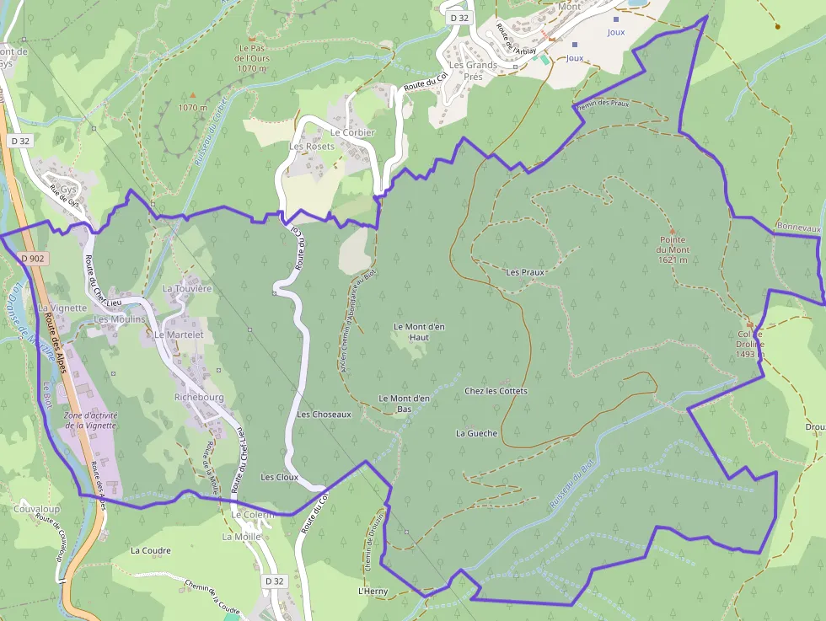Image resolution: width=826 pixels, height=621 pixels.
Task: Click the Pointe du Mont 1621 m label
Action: pyautogui.click(x=673, y=249)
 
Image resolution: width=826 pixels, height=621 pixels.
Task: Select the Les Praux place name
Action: pyautogui.click(x=525, y=272)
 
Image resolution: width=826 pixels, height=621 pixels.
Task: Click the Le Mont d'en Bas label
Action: pyautogui.click(x=405, y=404)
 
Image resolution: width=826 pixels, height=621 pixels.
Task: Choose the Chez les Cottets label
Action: pyautogui.click(x=496, y=391)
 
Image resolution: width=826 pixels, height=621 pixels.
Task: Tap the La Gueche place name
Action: pyautogui.click(x=476, y=433)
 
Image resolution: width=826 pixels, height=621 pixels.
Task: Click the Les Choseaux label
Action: pyautogui.click(x=324, y=415)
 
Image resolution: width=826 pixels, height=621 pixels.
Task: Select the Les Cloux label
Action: pyautogui.click(x=279, y=477)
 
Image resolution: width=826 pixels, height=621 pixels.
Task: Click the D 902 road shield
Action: pyautogui.click(x=31, y=259)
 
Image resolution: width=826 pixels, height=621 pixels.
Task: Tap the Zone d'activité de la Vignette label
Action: pyautogui.click(x=90, y=420)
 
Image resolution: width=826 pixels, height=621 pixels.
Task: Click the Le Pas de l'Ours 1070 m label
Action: pyautogui.click(x=252, y=58)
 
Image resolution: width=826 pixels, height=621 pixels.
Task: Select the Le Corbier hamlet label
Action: pyautogui.click(x=352, y=132)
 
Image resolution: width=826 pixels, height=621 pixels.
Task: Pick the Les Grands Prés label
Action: pyautogui.click(x=473, y=70)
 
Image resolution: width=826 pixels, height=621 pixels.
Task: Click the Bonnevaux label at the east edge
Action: pyautogui.click(x=798, y=228)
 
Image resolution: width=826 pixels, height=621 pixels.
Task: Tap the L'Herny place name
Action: pyautogui.click(x=373, y=592)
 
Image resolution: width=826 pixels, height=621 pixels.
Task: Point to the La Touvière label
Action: pyautogui.click(x=187, y=288)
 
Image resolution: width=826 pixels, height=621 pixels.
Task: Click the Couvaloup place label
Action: pyautogui.click(x=36, y=509)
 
